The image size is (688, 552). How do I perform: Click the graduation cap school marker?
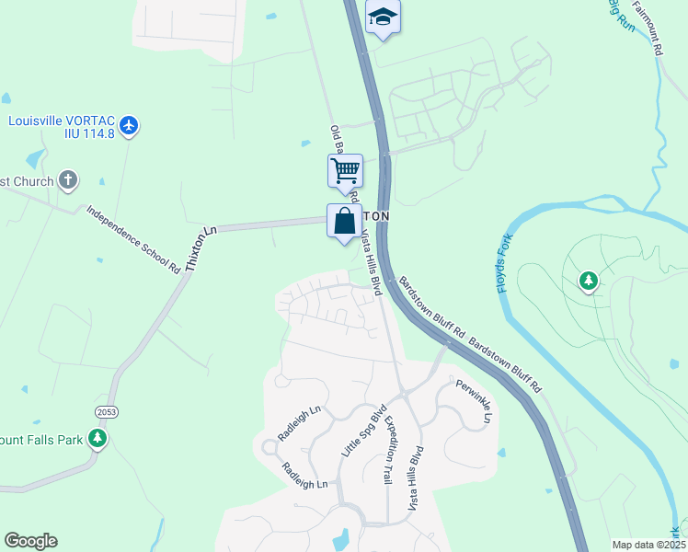(383, 17)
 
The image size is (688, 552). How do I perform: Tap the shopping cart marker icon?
(345, 170)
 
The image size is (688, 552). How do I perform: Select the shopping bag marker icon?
(344, 221)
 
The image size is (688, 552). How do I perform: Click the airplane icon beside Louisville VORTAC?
(129, 125)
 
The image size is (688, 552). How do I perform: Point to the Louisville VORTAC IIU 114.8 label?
(61, 127)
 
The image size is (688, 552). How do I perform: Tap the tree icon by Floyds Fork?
(588, 280)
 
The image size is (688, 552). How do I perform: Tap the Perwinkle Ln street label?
(472, 404)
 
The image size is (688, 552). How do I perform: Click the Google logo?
(30, 541)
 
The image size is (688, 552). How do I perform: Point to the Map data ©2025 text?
(649, 545)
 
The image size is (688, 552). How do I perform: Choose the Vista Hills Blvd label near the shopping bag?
(370, 263)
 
